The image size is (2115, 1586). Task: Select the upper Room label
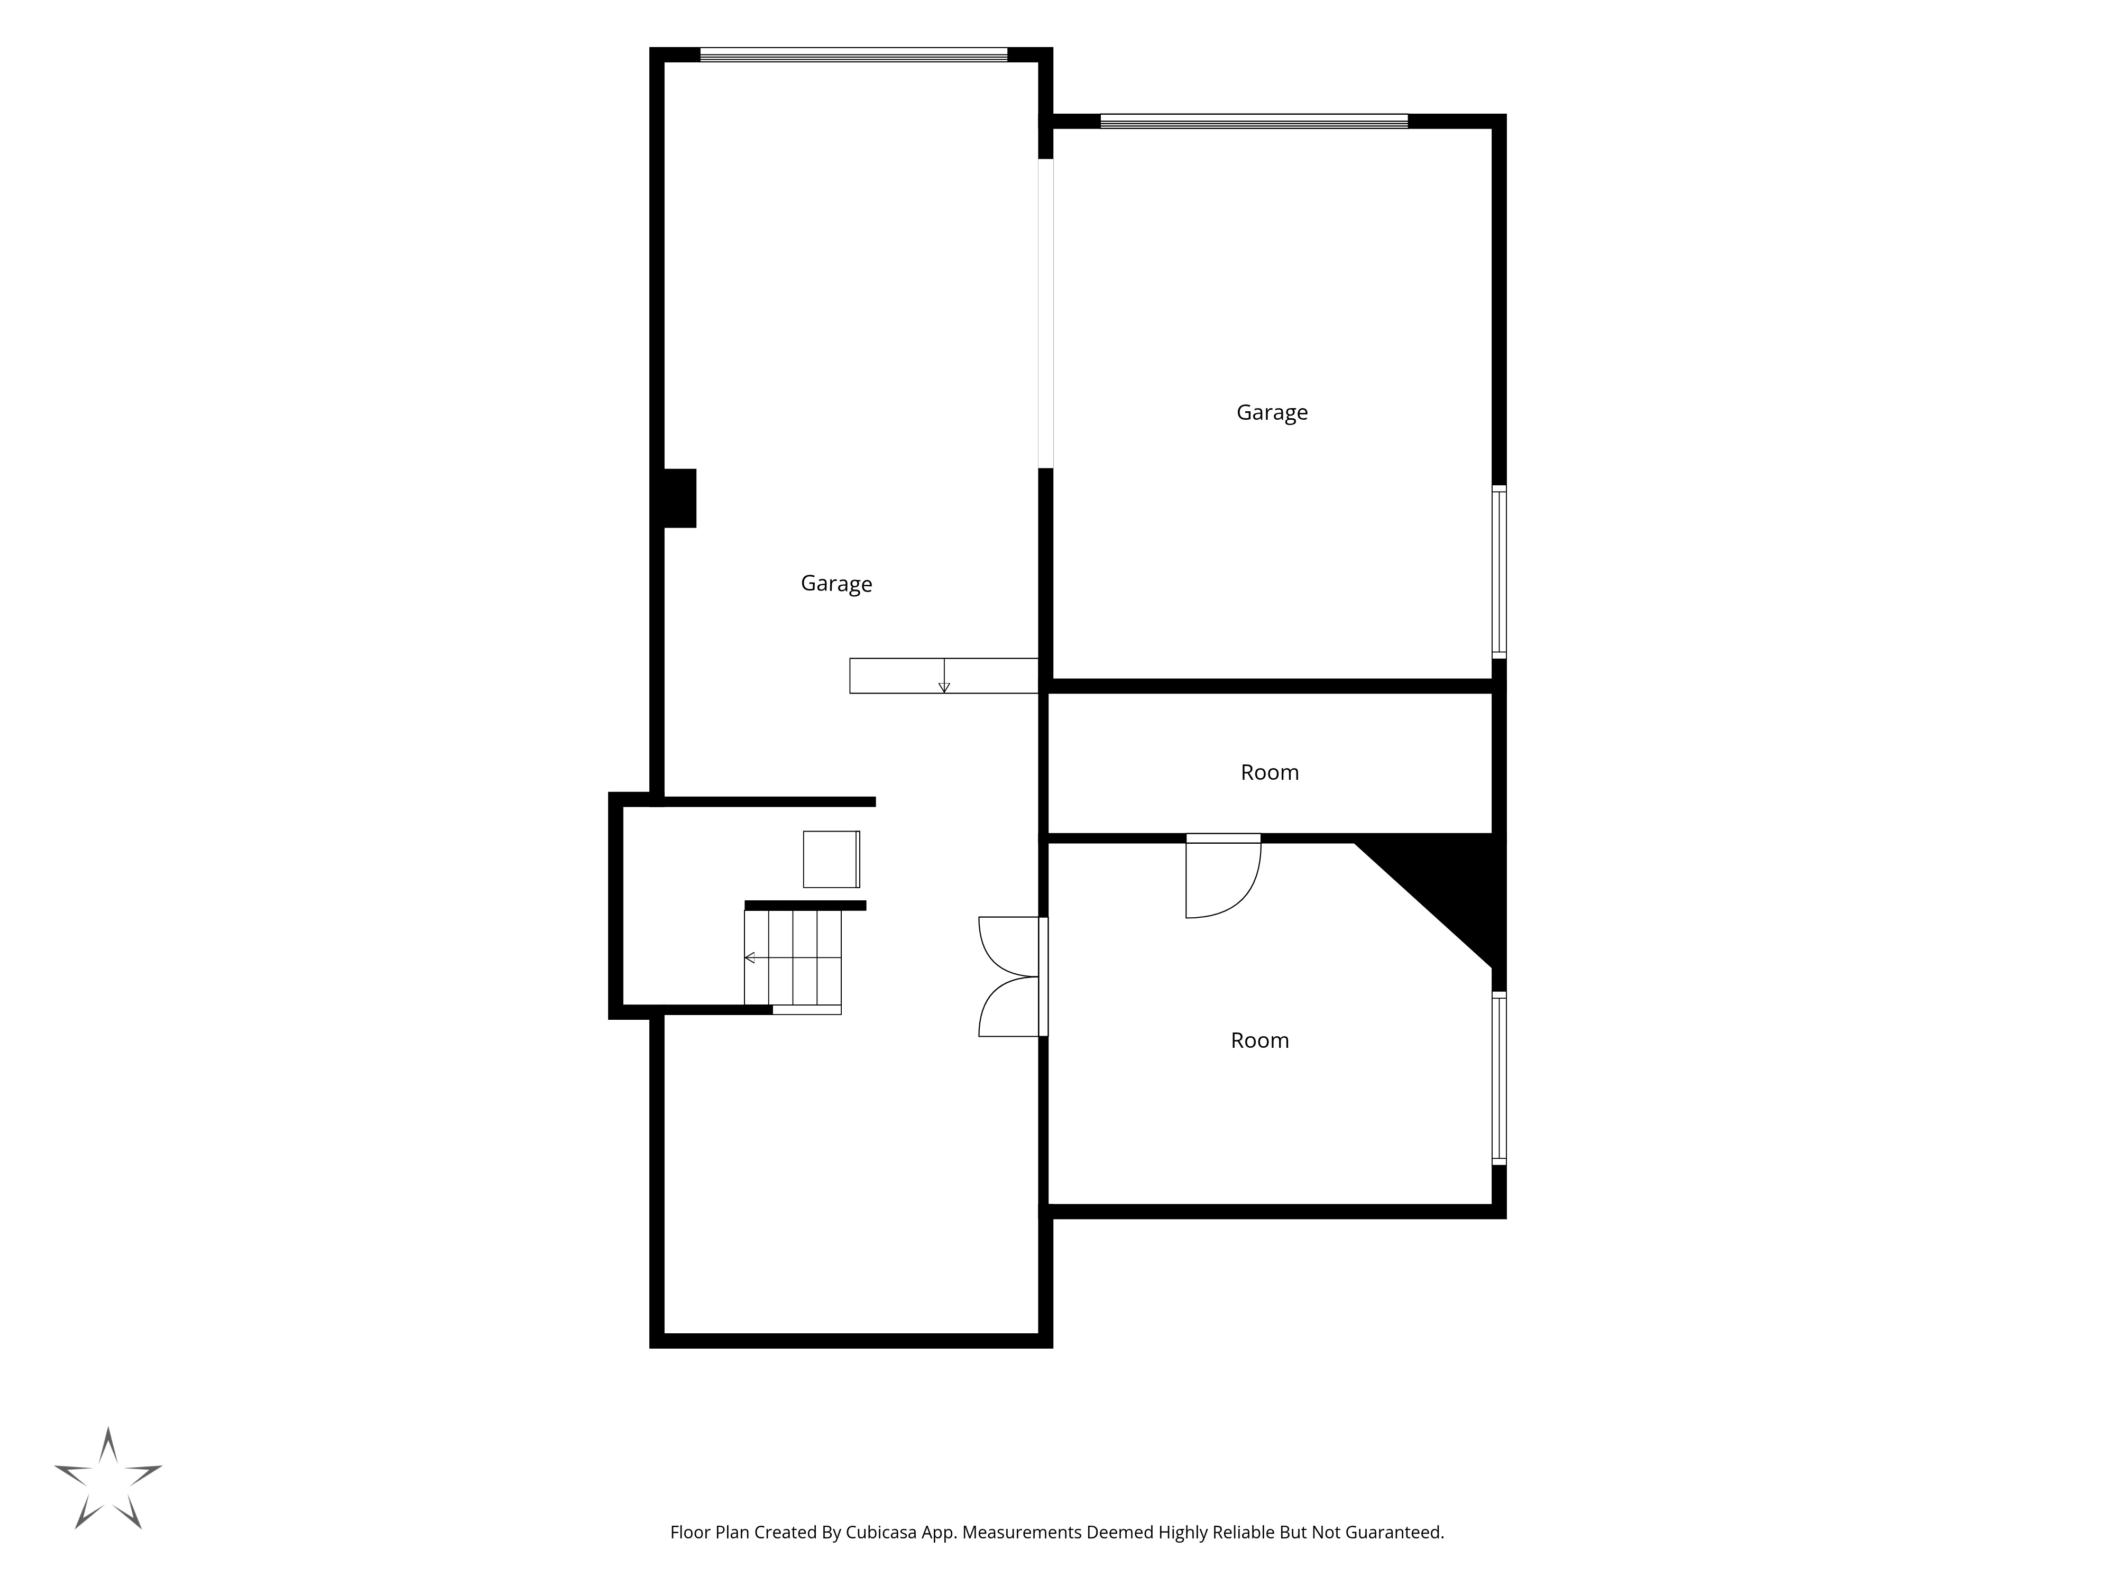point(1270,772)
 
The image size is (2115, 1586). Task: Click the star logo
point(108,1478)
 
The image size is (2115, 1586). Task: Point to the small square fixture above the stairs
point(831,860)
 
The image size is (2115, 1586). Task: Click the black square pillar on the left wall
point(679,498)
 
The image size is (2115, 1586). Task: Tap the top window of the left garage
point(854,54)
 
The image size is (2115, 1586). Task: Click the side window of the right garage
point(1499,571)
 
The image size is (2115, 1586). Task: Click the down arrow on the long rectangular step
point(944,676)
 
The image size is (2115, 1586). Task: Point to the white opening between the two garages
point(1046,313)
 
